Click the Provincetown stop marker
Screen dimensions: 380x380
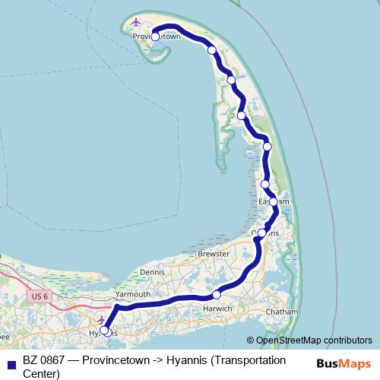155,36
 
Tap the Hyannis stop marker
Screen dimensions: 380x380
104,331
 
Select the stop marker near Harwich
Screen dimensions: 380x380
217,294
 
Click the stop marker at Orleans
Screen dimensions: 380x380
262,233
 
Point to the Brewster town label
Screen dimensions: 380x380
213,253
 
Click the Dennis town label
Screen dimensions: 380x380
152,271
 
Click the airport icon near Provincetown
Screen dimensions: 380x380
137,21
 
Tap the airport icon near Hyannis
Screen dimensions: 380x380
101,319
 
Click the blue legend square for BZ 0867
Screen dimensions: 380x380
11,360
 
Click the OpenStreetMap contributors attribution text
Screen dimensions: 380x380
314,340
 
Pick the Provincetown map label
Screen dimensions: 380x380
156,36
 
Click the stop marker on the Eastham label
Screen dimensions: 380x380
274,201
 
